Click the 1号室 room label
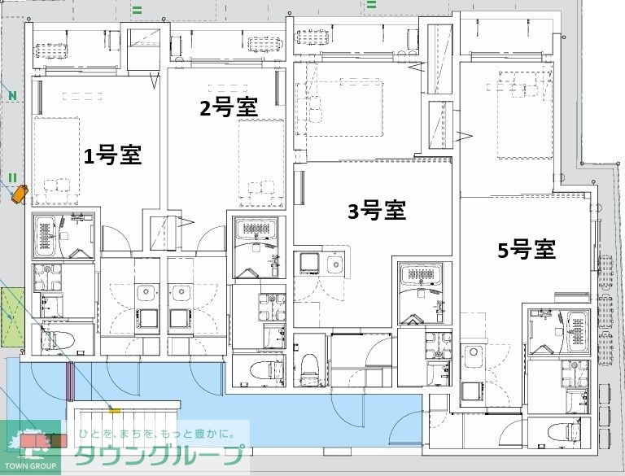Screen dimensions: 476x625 (x=113, y=155)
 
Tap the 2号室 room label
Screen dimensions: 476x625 (x=229, y=107)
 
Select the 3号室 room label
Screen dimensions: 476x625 (x=377, y=211)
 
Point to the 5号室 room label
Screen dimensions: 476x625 (x=527, y=250)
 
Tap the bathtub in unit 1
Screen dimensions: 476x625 (x=48, y=236)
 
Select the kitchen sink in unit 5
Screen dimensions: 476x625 (x=472, y=355)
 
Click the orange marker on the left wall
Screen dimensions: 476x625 (x=19, y=193)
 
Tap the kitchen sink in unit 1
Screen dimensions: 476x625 (x=146, y=294)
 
